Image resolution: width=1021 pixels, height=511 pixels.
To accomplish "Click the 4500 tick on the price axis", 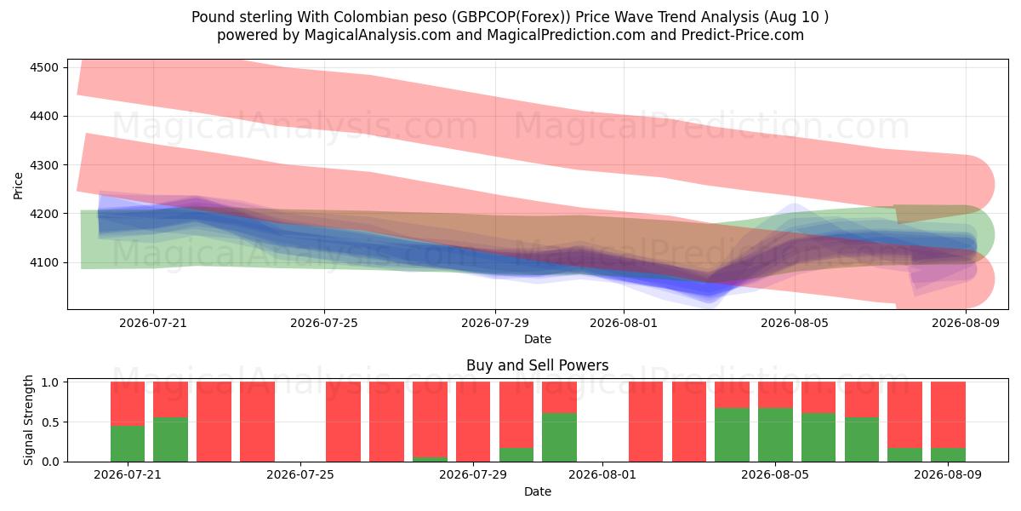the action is point(44,67).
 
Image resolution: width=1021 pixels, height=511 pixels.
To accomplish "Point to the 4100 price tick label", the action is point(44,262).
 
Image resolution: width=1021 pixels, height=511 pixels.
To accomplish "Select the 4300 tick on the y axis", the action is point(44,165).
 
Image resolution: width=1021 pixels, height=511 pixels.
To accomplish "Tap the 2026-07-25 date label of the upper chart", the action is point(324,323).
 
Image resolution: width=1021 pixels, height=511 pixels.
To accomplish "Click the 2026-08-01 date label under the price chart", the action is point(624,323).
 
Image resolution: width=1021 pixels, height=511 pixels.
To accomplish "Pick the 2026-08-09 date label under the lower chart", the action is point(948,474).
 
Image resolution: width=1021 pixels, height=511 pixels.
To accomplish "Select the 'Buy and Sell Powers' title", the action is point(538,365).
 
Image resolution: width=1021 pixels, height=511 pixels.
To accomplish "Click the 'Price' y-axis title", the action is point(18,186).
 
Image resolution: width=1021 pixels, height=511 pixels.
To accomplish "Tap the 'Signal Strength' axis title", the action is point(28,420).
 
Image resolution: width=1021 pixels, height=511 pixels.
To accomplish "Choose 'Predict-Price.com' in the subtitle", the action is point(743,35).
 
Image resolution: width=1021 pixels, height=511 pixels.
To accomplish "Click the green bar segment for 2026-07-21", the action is point(128,444).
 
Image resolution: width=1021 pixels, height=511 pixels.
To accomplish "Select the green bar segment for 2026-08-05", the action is point(775,435).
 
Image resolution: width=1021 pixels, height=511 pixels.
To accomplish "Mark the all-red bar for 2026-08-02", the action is point(646,422).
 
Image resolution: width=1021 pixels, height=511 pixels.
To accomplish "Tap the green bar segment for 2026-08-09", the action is point(948,455).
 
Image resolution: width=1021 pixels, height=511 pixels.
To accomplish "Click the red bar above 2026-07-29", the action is point(473,422).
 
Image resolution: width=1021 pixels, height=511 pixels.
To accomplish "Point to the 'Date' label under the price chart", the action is point(538,339).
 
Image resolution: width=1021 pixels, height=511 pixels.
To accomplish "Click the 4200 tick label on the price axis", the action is point(44,214).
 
